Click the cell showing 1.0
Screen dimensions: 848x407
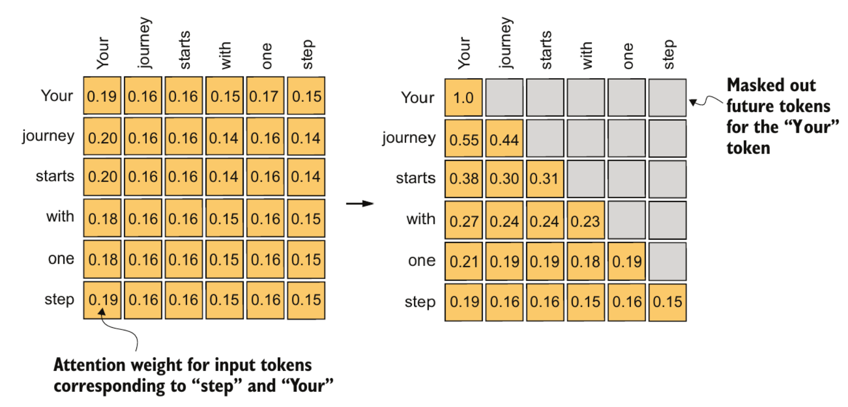coord(463,98)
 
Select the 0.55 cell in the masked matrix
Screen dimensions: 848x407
coord(463,138)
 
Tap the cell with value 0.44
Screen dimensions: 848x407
coord(504,138)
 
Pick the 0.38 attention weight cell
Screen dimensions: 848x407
coord(463,179)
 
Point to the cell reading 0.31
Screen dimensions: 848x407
coord(545,179)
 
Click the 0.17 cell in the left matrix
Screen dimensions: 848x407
coord(265,95)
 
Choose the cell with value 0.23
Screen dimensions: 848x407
coord(586,220)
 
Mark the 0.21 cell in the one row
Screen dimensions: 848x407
coord(463,261)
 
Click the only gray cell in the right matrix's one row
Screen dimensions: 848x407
coord(667,261)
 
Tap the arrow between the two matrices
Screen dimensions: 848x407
coord(360,203)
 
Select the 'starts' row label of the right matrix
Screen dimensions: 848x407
coord(416,178)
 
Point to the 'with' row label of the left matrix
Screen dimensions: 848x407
coord(60,217)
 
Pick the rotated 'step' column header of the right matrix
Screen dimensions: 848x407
coord(669,55)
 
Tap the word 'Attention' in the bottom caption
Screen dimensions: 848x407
coord(89,365)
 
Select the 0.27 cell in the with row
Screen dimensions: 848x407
coord(463,220)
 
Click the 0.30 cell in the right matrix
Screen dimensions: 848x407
coord(504,179)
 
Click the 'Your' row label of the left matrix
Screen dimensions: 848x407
coord(57,95)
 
